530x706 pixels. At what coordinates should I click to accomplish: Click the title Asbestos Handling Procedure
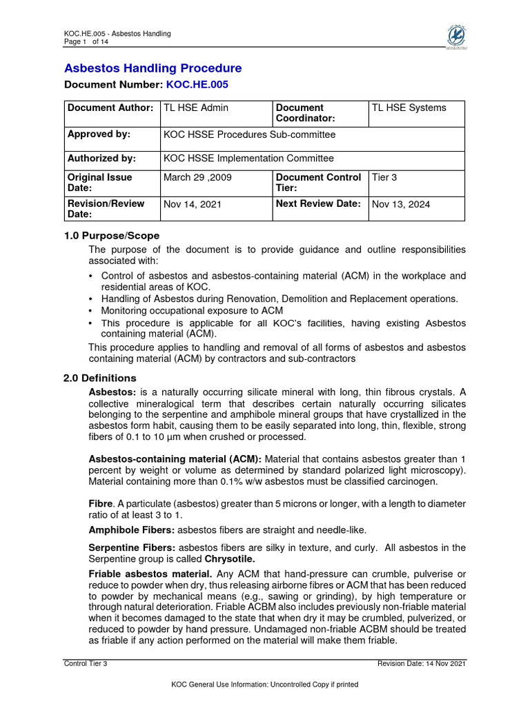tap(153, 68)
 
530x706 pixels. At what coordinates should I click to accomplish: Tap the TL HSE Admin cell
tap(196, 108)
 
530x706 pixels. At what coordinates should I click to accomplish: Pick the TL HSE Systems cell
tap(409, 108)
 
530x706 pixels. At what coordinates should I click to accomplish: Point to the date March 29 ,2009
tap(197, 178)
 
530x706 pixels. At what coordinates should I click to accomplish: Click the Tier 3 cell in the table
tap(384, 178)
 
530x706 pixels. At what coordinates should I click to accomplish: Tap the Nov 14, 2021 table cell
tap(193, 204)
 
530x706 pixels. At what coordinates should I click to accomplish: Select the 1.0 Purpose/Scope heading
tap(112, 236)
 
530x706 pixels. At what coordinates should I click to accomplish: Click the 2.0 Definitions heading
tap(100, 378)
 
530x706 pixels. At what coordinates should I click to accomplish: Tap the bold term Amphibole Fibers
tap(132, 529)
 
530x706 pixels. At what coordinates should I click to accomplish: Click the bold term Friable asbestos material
tap(150, 574)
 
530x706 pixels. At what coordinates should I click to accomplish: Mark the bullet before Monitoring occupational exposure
tap(92, 311)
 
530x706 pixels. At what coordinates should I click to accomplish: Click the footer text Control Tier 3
tap(86, 663)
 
